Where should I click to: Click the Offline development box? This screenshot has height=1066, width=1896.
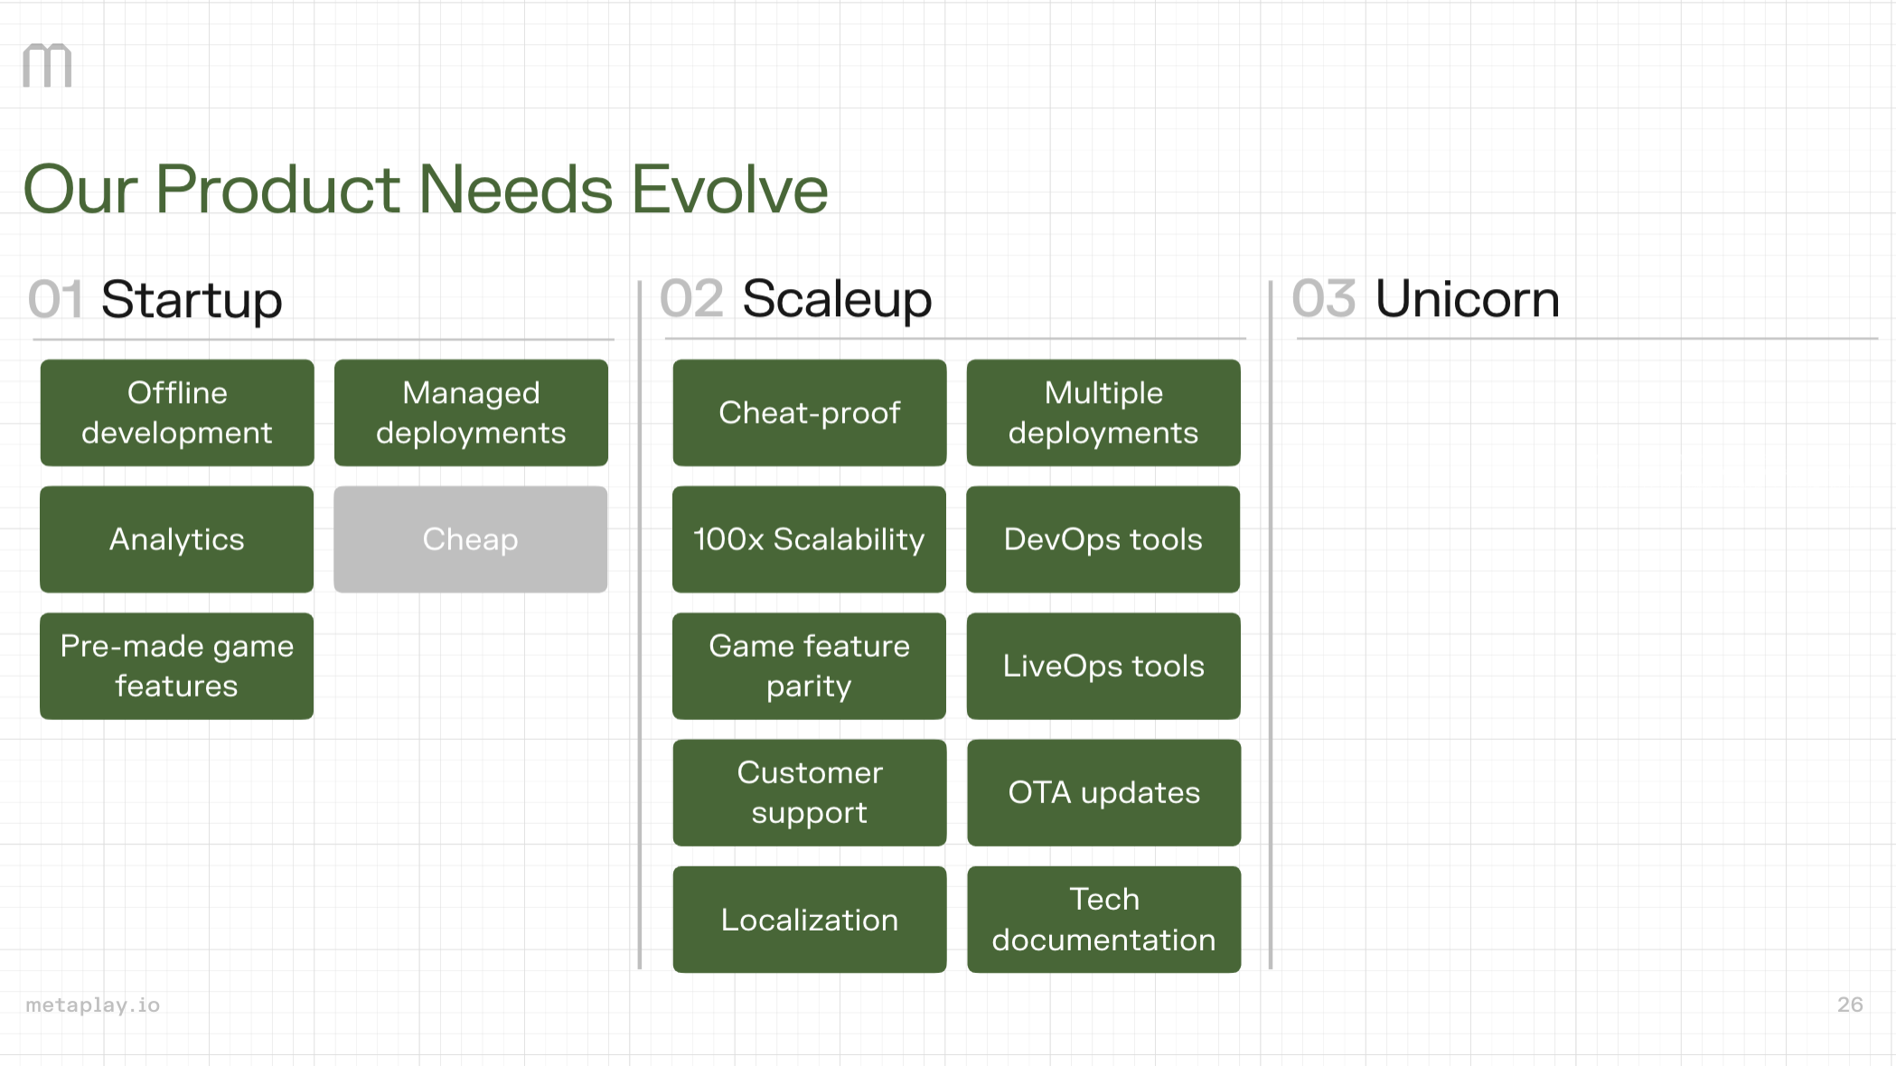click(x=177, y=413)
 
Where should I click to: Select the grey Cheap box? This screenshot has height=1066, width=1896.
click(x=470, y=539)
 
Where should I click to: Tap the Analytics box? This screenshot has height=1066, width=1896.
click(x=177, y=539)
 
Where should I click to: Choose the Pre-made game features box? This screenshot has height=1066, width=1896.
click(x=177, y=666)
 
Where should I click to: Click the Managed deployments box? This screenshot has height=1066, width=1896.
click(x=470, y=413)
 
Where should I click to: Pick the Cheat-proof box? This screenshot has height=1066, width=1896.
click(x=809, y=413)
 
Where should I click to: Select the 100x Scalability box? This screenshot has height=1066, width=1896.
click(x=809, y=539)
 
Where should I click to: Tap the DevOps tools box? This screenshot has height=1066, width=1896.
click(x=1103, y=539)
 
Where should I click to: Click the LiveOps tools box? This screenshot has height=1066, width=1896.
click(x=1103, y=666)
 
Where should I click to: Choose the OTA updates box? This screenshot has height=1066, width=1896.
click(x=1103, y=792)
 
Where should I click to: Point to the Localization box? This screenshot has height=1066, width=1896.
click(x=809, y=920)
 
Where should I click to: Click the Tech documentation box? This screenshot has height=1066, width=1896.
click(x=1103, y=920)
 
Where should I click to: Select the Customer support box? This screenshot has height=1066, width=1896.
click(x=809, y=792)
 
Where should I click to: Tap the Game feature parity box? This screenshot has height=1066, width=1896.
click(x=809, y=666)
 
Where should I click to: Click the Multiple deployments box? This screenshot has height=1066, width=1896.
click(x=1103, y=413)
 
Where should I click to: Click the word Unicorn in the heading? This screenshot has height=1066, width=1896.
click(x=1467, y=299)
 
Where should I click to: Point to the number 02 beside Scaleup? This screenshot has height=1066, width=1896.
click(x=691, y=299)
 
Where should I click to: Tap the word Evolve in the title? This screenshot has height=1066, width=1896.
click(x=728, y=190)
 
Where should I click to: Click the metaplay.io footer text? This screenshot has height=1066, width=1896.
click(x=92, y=1005)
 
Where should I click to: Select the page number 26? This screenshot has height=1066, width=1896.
click(x=1849, y=1005)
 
